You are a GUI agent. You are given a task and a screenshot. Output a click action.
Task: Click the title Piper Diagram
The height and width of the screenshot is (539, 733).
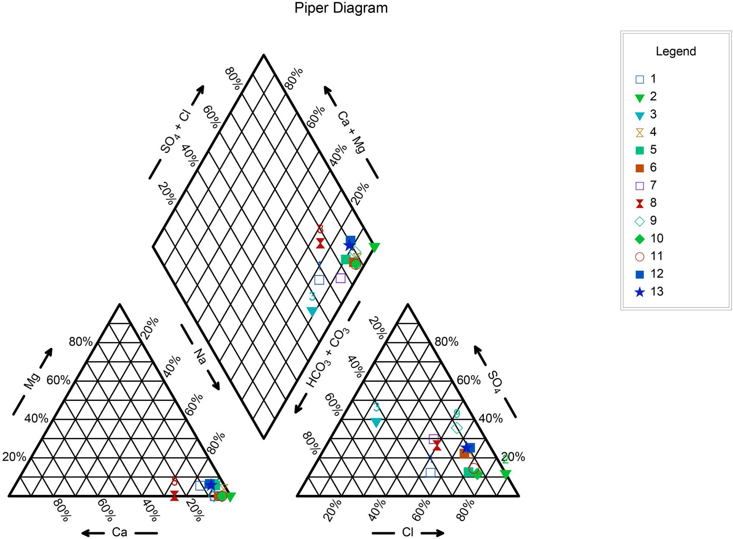pyautogui.click(x=341, y=8)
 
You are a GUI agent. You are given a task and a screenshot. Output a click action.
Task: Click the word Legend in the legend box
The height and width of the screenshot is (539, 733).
pyautogui.click(x=675, y=51)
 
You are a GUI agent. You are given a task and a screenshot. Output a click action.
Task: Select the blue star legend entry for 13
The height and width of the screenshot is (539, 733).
pyautogui.click(x=640, y=292)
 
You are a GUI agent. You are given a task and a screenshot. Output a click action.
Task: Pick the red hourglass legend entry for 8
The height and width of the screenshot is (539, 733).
pyautogui.click(x=640, y=203)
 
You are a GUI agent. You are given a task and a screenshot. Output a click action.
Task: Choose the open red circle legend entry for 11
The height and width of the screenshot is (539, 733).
pyautogui.click(x=640, y=256)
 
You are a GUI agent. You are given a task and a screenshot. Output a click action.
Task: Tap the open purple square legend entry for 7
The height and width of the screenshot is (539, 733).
pyautogui.click(x=640, y=186)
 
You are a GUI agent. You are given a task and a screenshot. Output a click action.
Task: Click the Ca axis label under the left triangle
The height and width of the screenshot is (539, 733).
pyautogui.click(x=119, y=532)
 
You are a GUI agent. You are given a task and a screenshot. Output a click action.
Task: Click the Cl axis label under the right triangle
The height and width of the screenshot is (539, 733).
pyautogui.click(x=408, y=532)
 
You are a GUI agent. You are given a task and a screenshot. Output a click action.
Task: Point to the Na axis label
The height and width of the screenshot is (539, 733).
pyautogui.click(x=200, y=357)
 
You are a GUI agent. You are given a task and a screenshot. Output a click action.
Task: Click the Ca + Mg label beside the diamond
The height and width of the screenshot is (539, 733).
pyautogui.click(x=351, y=132)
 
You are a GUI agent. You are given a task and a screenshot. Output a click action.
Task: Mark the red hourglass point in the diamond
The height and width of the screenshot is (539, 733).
pyautogui.click(x=320, y=243)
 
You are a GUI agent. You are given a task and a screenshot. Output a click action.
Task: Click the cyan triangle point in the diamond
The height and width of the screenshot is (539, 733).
pyautogui.click(x=312, y=311)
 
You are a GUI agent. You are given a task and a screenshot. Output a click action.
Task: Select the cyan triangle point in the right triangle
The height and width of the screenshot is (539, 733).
pyautogui.click(x=376, y=422)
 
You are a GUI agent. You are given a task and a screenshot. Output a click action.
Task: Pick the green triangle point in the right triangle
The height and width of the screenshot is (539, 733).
pyautogui.click(x=505, y=474)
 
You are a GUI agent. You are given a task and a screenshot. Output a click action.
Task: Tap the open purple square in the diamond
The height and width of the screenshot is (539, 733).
pyautogui.click(x=340, y=278)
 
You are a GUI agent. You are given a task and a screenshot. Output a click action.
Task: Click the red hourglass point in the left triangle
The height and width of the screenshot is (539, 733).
pyautogui.click(x=174, y=495)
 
